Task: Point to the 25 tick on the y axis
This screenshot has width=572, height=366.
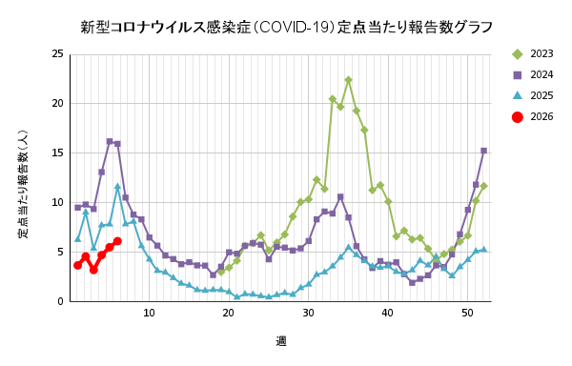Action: pyautogui.click(x=58, y=54)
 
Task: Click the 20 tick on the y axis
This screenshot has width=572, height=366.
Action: pyautogui.click(x=58, y=104)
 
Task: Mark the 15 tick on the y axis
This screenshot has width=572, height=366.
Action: pyautogui.click(x=58, y=153)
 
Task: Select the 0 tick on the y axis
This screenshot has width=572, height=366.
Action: pyautogui.click(x=61, y=302)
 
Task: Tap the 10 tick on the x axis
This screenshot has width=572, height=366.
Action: pyautogui.click(x=149, y=314)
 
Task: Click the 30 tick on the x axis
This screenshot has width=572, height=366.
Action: pyautogui.click(x=308, y=314)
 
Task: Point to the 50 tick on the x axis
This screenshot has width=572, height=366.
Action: pyautogui.click(x=467, y=314)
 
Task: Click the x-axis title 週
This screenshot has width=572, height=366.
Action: pyautogui.click(x=281, y=340)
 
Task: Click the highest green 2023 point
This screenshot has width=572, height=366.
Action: pyautogui.click(x=348, y=80)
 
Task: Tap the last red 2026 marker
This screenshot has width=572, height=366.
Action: pyautogui.click(x=117, y=241)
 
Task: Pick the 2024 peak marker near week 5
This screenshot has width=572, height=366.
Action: pyautogui.click(x=110, y=141)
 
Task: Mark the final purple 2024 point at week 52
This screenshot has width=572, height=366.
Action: pyautogui.click(x=483, y=151)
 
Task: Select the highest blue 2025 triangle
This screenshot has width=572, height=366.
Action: pyautogui.click(x=117, y=187)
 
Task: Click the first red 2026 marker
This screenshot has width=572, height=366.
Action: pyautogui.click(x=77, y=265)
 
